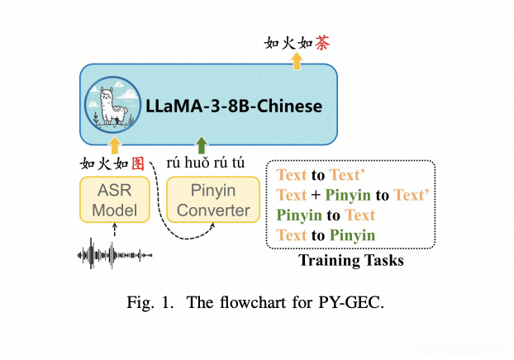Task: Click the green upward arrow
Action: click(x=201, y=144)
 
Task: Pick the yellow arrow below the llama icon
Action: click(x=115, y=146)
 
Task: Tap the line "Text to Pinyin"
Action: click(x=326, y=235)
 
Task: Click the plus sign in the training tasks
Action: click(x=316, y=195)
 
